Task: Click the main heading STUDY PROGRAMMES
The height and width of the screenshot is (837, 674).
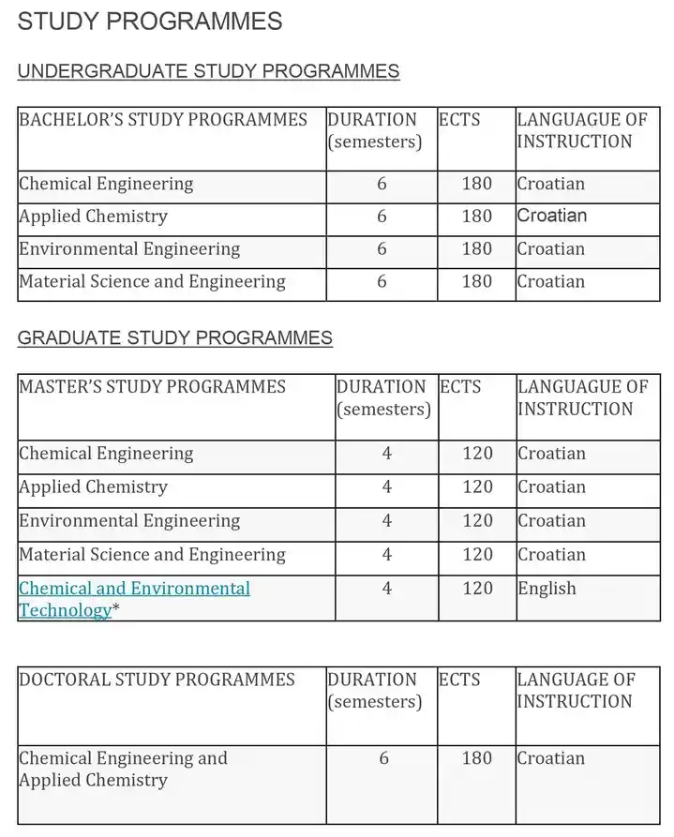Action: coord(150,22)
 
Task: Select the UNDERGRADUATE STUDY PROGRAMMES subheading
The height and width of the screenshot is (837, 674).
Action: coord(208,71)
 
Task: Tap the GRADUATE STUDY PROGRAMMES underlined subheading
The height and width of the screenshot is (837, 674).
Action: coord(174,337)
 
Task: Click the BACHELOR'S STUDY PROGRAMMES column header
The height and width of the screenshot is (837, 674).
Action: coord(163,120)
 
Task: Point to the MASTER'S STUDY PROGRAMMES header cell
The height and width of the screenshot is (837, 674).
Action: coord(152,387)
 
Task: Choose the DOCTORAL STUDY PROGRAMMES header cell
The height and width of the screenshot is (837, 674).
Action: coord(157,680)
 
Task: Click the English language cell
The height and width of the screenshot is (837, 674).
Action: coord(547,589)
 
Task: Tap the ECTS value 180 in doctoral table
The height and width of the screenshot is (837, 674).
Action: coord(476,758)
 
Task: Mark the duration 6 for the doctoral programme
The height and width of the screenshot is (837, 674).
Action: coord(383,758)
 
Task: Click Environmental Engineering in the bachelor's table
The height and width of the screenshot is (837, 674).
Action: coord(129,249)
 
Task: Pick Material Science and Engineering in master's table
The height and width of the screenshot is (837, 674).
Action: coord(152,555)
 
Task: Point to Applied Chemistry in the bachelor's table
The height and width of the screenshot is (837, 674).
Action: coord(93,217)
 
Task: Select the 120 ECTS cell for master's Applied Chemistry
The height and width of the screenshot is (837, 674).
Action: coord(477,487)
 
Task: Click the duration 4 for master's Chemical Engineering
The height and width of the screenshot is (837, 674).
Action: coord(387,454)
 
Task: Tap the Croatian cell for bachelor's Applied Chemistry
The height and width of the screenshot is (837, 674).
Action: coord(551,217)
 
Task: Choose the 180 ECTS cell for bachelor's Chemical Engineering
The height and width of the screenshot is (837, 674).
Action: coord(476,184)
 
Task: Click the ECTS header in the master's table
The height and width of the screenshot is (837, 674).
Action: coord(459,387)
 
